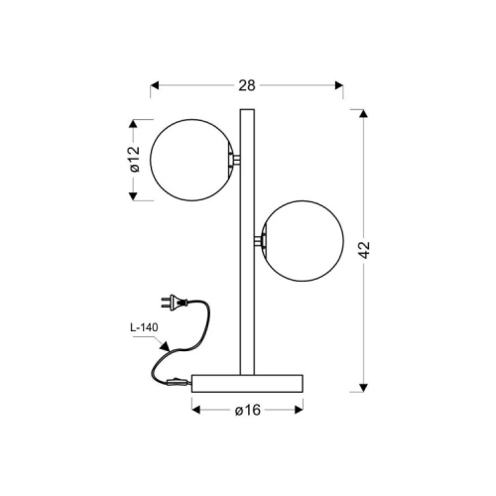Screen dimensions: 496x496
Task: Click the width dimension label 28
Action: coord(247,85)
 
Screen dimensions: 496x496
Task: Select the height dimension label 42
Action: coord(364,250)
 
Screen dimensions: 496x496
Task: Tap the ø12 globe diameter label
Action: coord(135,160)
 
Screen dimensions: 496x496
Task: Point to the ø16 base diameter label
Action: coord(248,411)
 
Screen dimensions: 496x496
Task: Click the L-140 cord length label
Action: coord(144,327)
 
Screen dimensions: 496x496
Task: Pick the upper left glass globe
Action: coord(192,160)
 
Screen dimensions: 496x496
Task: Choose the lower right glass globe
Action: coord(303,241)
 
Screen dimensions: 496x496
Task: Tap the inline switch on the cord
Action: coord(179,383)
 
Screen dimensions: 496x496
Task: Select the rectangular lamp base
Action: coord(247,383)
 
